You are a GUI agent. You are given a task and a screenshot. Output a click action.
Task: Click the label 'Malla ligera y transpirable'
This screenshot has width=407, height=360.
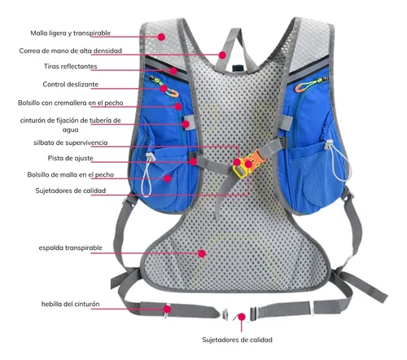pyautogui.click(x=71, y=33)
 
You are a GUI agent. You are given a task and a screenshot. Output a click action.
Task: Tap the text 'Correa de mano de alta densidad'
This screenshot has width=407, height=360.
pyautogui.click(x=71, y=50)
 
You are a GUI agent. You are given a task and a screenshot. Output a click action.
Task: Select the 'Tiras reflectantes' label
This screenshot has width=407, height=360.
pyautogui.click(x=71, y=66)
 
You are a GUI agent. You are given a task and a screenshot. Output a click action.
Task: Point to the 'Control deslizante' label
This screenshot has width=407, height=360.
pyautogui.click(x=71, y=84)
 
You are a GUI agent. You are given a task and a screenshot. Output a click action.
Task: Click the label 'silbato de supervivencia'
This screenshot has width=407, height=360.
pyautogui.click(x=71, y=143)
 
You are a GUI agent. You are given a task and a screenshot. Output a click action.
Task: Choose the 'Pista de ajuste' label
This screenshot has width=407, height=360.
pyautogui.click(x=71, y=158)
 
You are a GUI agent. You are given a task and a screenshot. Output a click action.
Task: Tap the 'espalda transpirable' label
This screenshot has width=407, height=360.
pyautogui.click(x=71, y=248)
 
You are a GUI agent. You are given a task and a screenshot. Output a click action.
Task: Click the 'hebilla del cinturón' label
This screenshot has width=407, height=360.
pyautogui.click(x=71, y=304)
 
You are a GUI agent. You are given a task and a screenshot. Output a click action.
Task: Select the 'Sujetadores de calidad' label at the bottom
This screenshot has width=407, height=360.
pyautogui.click(x=237, y=340)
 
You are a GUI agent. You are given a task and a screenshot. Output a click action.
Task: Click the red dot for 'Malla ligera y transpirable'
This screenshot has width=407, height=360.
pyautogui.click(x=161, y=37)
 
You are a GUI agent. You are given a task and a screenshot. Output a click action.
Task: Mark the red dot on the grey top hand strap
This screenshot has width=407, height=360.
pyautogui.click(x=222, y=55)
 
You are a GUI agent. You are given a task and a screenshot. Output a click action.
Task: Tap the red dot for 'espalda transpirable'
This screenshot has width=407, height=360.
pyautogui.click(x=202, y=253)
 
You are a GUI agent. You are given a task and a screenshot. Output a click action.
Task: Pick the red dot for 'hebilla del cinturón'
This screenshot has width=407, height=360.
pyautogui.click(x=168, y=309)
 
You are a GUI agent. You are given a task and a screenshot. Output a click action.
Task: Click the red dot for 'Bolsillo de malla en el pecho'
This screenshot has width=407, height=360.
pyautogui.click(x=168, y=178)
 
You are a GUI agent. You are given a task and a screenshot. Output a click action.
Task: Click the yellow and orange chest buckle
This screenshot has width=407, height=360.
pyautogui.click(x=245, y=165)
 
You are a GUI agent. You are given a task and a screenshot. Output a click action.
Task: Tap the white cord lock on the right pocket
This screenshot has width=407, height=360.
pyautogui.click(x=329, y=145)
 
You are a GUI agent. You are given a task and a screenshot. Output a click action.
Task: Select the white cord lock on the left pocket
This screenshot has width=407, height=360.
pyautogui.click(x=151, y=156)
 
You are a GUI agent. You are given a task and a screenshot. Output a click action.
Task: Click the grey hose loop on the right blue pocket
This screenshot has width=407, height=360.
pyautogui.click(x=286, y=122)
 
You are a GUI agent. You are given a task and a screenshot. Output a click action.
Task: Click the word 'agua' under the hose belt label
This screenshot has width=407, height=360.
pyautogui.click(x=71, y=130)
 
